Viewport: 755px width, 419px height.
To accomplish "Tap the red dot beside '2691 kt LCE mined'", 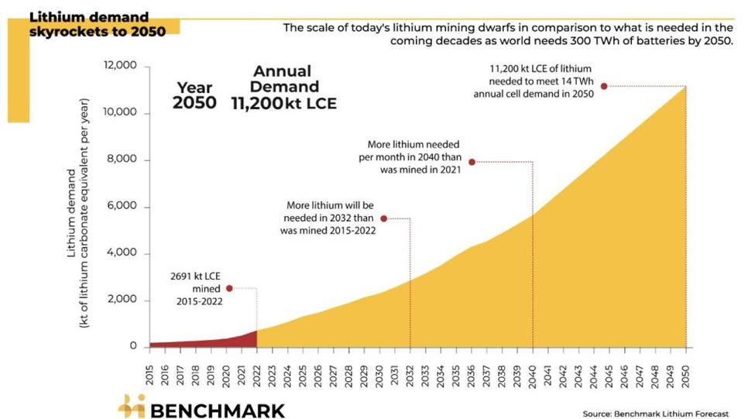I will click(229, 288).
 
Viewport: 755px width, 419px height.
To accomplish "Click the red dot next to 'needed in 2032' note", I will click(383, 218).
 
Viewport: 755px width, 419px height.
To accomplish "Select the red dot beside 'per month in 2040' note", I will click(472, 162).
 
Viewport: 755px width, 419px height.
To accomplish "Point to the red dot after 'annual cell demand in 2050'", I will click(603, 86).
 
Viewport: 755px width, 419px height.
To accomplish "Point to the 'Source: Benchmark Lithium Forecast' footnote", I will click(655, 414).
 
